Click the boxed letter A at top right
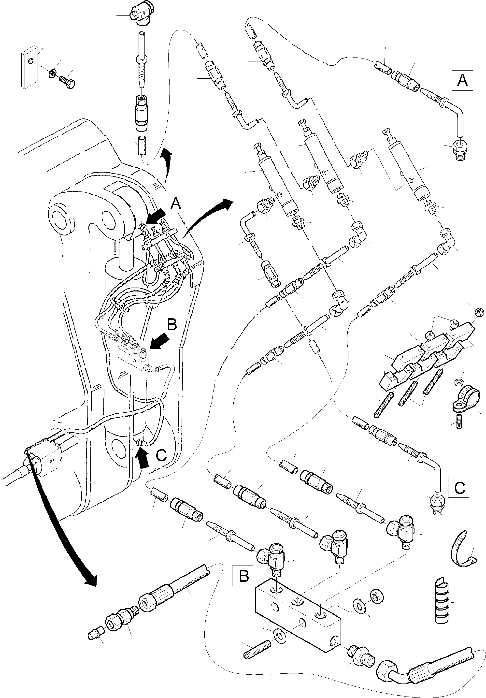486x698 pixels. (x=462, y=81)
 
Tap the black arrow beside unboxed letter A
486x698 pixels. (x=156, y=217)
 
